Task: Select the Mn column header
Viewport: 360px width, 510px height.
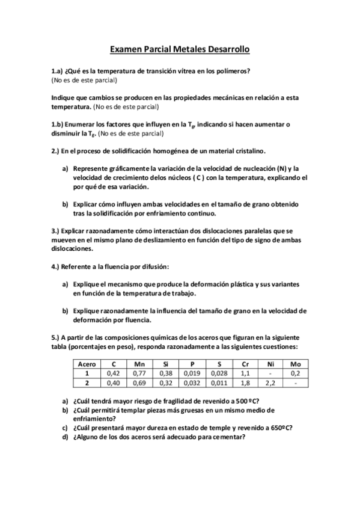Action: pos(139,364)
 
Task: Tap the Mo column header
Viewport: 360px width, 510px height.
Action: pos(295,364)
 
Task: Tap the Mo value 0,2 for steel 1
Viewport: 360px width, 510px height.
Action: pos(295,373)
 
